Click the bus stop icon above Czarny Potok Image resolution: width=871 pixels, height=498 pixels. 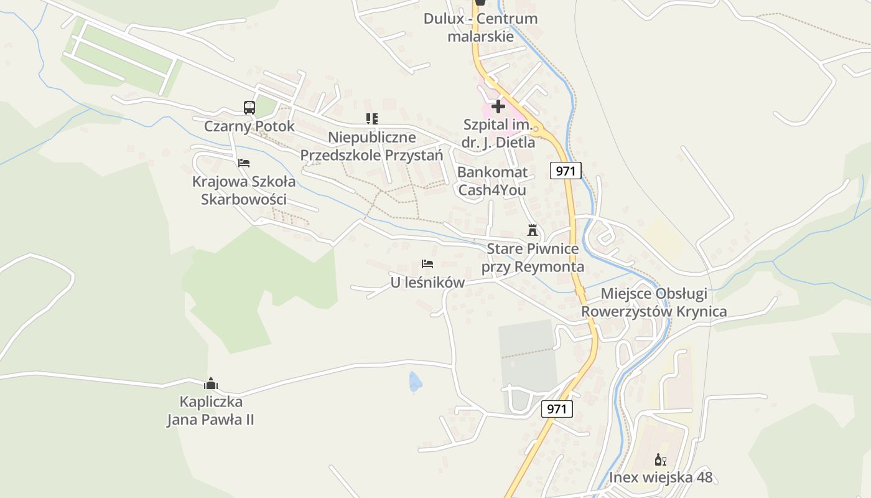click(249, 107)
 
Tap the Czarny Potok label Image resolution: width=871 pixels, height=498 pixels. click(249, 126)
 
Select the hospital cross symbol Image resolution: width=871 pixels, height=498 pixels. click(498, 106)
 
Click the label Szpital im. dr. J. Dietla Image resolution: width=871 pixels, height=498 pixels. click(498, 133)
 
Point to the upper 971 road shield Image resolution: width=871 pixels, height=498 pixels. click(566, 171)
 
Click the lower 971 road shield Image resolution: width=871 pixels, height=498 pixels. click(557, 409)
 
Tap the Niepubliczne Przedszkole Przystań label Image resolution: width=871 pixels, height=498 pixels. click(371, 146)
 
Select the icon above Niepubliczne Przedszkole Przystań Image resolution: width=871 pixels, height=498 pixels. click(371, 118)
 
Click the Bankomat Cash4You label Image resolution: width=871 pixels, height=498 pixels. click(492, 181)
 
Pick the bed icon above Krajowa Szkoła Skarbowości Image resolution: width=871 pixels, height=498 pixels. click(244, 163)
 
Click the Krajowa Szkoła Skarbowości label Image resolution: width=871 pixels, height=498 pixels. click(243, 190)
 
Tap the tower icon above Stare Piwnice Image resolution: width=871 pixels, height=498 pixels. click(532, 230)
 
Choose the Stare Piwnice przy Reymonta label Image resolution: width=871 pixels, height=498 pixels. click(533, 258)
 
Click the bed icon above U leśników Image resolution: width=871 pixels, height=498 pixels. click(427, 264)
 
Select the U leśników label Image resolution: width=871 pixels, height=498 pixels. click(427, 283)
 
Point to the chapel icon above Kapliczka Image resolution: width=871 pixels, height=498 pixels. click(211, 383)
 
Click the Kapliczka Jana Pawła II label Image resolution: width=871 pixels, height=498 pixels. click(210, 411)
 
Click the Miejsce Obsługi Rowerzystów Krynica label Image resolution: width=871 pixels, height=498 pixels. click(654, 303)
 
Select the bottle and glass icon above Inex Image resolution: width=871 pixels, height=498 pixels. click(660, 460)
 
